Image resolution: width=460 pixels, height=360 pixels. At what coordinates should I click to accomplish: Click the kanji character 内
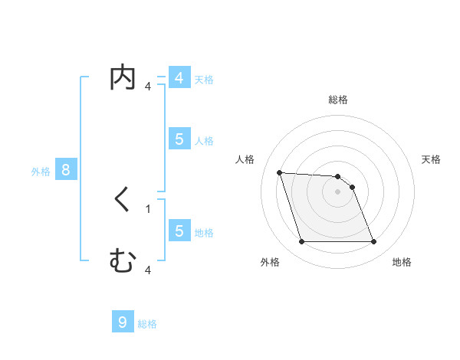123,79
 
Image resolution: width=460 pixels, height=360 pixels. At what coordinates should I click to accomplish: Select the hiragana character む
123,262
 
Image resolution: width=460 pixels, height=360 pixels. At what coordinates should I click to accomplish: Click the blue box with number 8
66,170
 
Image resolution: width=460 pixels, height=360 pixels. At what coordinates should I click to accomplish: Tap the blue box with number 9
123,322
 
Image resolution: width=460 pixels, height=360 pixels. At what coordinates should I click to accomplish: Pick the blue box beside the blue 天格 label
179,78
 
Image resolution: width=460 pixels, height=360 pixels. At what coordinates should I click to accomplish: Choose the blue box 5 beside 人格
179,139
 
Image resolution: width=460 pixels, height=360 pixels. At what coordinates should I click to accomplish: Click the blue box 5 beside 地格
179,231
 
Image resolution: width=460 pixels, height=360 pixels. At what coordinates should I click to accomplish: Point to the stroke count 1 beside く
148,208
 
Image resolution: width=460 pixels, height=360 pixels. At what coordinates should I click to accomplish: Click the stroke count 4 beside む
148,270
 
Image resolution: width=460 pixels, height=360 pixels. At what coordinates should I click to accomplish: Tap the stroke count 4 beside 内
148,86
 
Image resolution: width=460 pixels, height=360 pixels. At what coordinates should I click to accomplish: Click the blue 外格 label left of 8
41,172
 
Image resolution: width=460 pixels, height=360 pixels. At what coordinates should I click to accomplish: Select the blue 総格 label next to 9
147,324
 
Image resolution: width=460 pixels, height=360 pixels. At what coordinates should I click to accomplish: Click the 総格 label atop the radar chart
338,100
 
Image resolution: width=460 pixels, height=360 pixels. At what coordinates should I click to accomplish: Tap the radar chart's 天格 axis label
431,159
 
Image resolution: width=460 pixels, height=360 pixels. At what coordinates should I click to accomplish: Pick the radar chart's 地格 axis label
402,262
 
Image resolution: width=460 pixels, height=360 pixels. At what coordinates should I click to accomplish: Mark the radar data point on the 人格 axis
280,172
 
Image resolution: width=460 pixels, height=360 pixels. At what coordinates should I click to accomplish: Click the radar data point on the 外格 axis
301,242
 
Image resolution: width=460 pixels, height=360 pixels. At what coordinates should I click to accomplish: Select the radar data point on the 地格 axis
373,242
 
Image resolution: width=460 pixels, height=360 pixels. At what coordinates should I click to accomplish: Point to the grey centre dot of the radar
337,192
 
